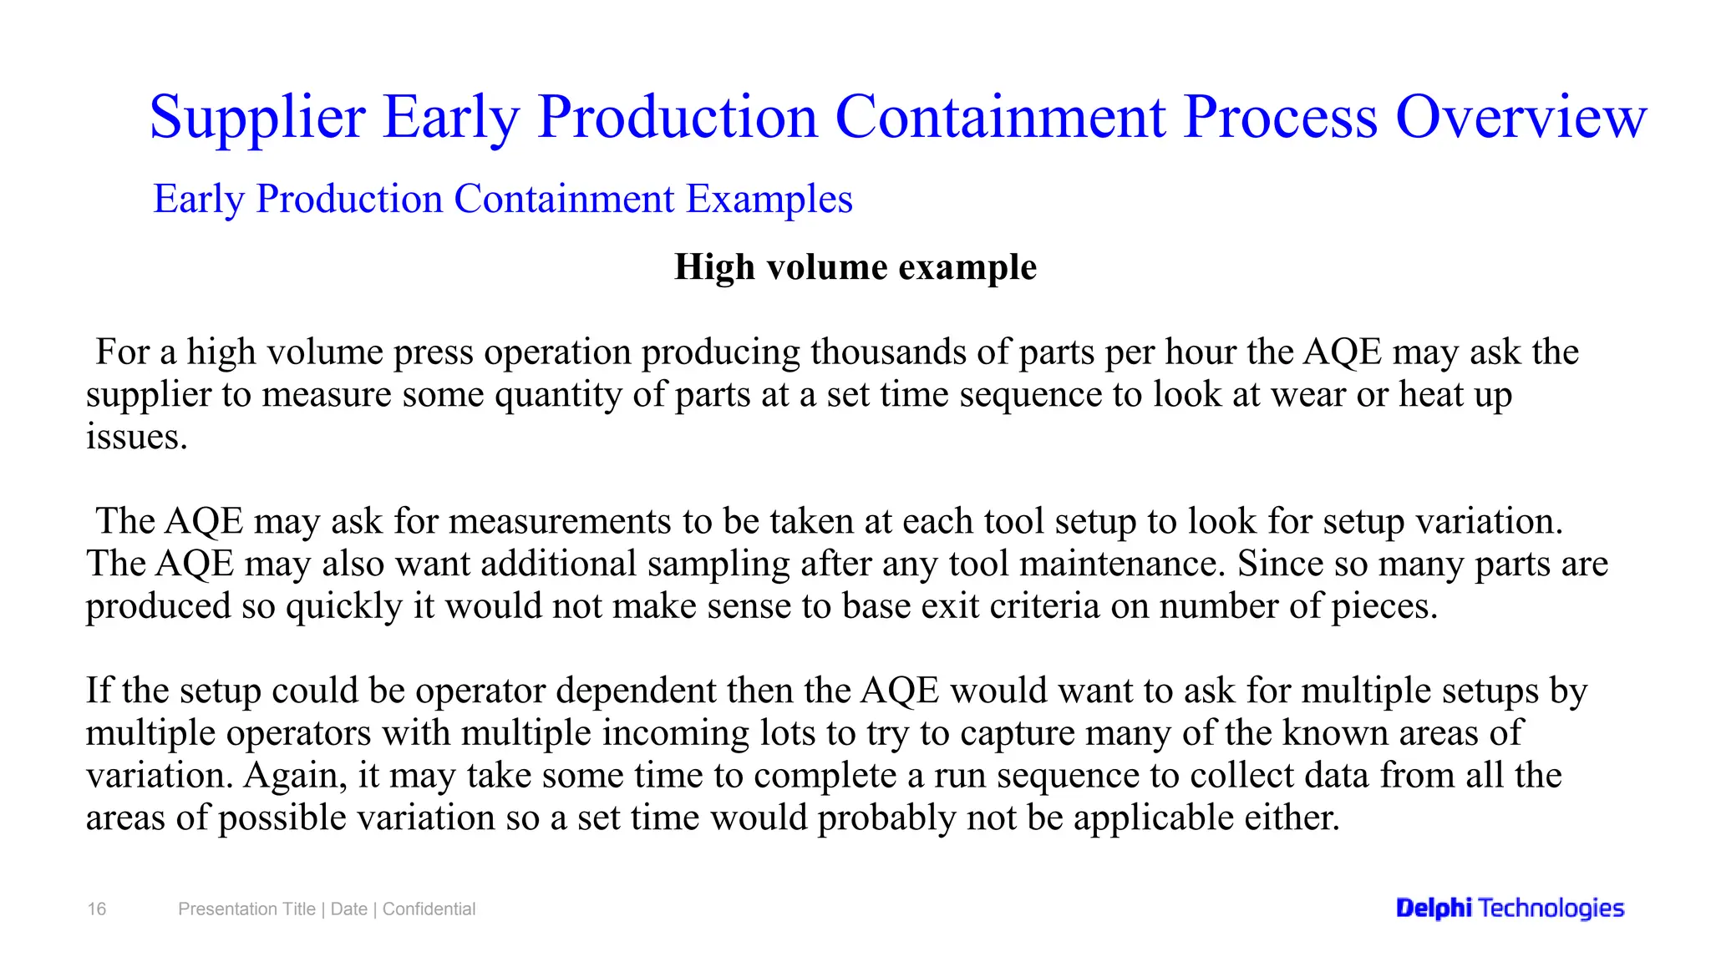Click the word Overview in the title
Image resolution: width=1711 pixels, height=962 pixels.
click(x=1521, y=117)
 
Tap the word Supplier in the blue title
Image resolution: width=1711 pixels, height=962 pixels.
click(x=257, y=117)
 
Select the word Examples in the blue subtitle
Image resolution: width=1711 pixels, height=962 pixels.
click(x=769, y=199)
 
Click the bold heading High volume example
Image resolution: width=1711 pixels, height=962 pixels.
click(x=855, y=267)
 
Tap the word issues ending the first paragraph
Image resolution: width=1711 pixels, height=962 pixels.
click(x=135, y=437)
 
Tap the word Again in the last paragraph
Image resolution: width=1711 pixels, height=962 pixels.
click(x=295, y=776)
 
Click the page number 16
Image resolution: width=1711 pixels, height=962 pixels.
click(x=97, y=909)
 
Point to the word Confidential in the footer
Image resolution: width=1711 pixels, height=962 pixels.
click(x=429, y=909)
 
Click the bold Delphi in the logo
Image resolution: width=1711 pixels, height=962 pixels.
click(x=1433, y=909)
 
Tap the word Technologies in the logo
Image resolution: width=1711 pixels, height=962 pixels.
click(x=1551, y=909)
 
